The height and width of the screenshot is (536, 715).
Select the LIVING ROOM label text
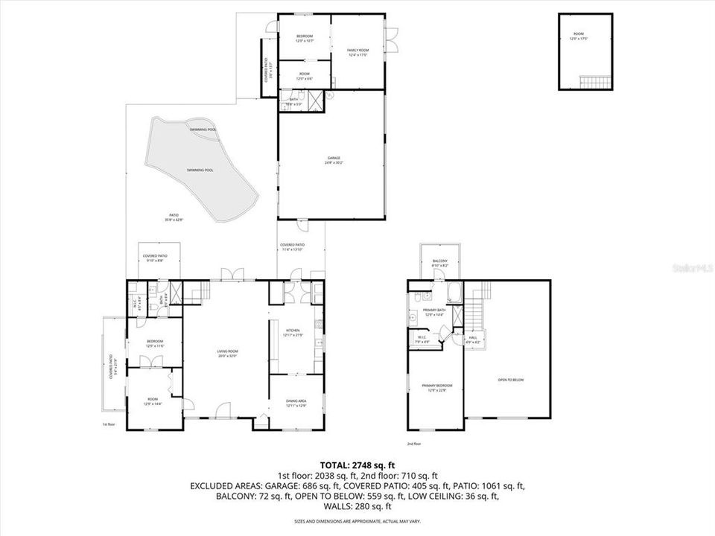pos(228,353)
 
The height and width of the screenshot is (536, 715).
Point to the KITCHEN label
pos(293,332)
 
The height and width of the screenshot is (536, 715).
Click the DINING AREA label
pos(296,403)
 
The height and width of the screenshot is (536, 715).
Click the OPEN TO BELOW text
pos(511,380)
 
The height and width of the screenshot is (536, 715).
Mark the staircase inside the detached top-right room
pos(594,81)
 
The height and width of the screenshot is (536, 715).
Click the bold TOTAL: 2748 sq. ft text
pos(357,463)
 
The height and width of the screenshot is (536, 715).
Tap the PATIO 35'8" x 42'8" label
pos(174,218)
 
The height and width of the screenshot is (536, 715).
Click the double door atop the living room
pos(228,275)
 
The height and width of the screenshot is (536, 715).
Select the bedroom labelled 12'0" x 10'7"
pos(305,39)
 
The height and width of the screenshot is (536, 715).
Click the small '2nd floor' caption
pos(413,444)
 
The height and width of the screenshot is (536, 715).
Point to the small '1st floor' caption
pos(109,424)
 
